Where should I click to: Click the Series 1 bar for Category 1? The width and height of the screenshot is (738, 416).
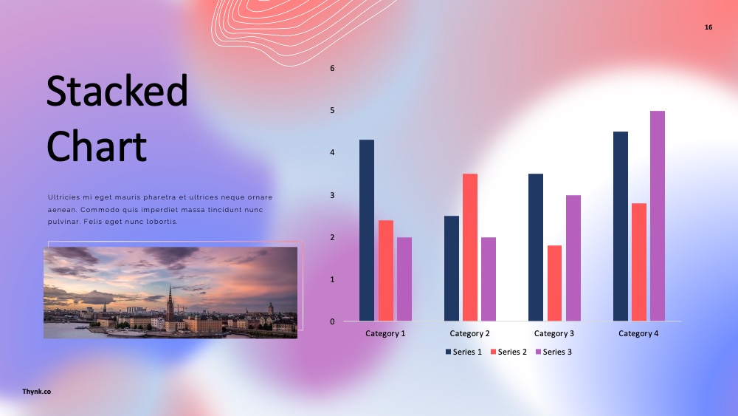tap(367, 231)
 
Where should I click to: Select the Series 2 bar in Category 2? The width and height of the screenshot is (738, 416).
tap(469, 248)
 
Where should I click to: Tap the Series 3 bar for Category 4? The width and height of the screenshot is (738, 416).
tap(658, 216)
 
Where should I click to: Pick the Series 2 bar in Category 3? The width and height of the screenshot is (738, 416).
tap(554, 283)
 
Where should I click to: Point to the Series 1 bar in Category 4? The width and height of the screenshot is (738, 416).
tap(621, 227)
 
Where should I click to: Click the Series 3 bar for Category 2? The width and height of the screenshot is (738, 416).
tap(489, 279)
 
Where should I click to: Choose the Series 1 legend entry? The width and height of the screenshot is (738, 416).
tap(463, 352)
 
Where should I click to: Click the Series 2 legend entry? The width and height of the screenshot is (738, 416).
tap(508, 352)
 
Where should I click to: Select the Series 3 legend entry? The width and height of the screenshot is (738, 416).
tap(554, 352)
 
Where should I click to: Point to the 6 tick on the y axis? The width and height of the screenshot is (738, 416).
tap(332, 68)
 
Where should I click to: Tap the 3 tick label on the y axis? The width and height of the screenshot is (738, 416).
tap(332, 195)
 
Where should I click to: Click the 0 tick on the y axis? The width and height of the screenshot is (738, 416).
tap(332, 321)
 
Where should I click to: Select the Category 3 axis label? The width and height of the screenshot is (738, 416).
tap(554, 333)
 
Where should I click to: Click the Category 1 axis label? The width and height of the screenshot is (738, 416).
tap(385, 333)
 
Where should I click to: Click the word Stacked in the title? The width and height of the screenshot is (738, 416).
tap(117, 90)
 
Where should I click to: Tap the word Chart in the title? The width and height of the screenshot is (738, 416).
tap(97, 146)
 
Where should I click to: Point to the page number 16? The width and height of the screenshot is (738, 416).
tap(708, 27)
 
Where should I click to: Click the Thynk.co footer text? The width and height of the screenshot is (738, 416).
tap(37, 392)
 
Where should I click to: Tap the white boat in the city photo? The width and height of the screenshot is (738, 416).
tap(126, 333)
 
